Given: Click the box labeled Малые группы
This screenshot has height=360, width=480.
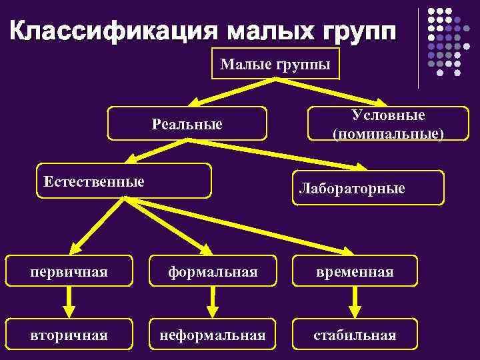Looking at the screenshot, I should pyautogui.click(x=275, y=64).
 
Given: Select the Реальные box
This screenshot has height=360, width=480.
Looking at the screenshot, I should pyautogui.click(x=187, y=123).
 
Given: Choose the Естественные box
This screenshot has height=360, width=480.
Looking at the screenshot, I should pyautogui.click(x=123, y=181).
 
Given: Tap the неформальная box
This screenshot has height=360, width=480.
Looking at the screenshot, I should pyautogui.click(x=213, y=335).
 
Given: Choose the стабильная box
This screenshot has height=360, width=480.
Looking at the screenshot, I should pyautogui.click(x=355, y=335).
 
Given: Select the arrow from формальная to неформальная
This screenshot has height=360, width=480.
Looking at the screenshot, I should pyautogui.click(x=213, y=303).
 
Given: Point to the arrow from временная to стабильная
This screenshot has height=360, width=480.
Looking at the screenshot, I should pyautogui.click(x=355, y=303).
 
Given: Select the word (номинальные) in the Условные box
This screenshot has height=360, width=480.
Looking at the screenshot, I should pyautogui.click(x=387, y=133).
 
